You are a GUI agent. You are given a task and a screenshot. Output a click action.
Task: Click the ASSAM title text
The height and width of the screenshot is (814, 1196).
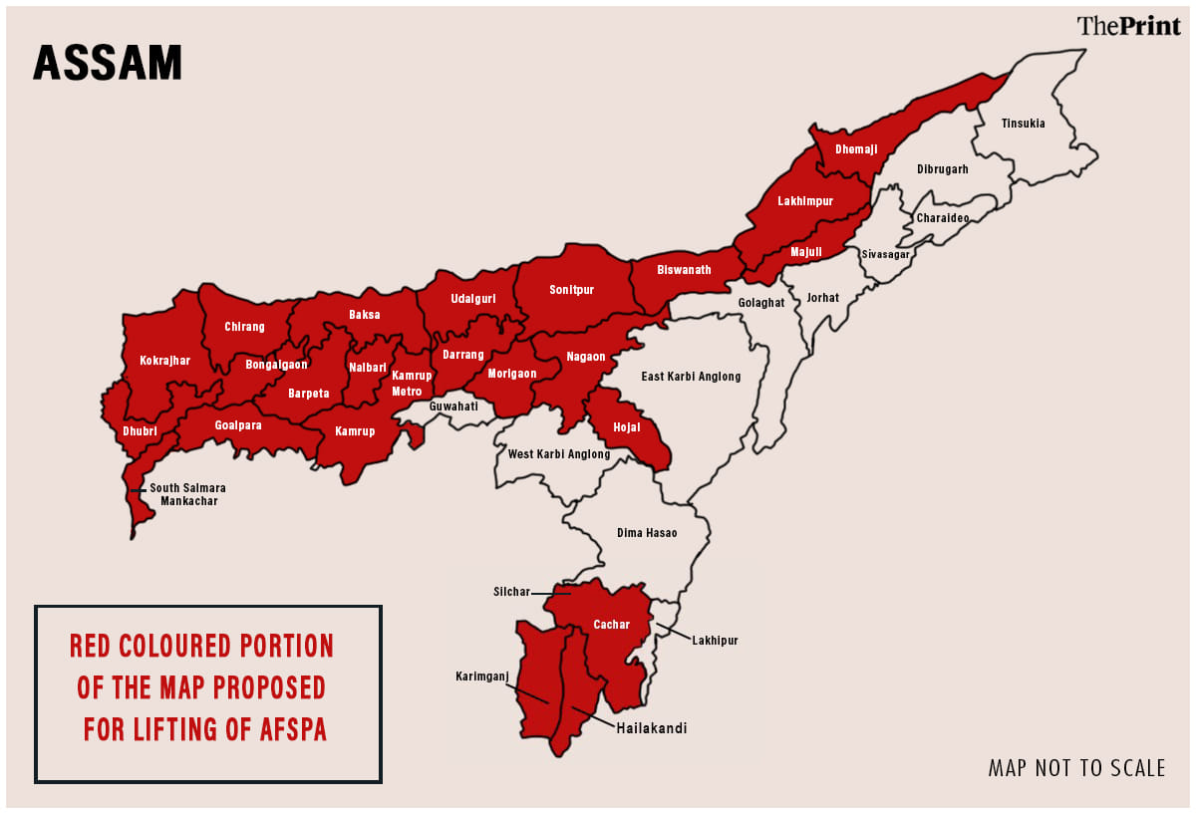[108, 63]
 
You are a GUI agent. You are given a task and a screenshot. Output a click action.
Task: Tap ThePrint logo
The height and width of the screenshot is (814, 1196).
[1128, 26]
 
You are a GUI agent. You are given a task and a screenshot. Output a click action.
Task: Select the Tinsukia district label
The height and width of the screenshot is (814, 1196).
[1024, 124]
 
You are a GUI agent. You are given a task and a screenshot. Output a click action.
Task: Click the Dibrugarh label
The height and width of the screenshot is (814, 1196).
[942, 169]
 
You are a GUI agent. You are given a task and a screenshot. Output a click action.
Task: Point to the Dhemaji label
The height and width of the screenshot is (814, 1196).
[856, 149]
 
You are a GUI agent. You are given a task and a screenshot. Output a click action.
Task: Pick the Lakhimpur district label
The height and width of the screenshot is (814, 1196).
[805, 201]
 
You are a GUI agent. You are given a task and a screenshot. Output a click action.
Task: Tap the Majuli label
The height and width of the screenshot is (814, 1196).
[806, 252]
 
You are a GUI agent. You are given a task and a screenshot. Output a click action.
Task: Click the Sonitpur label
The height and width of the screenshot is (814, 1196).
[571, 290]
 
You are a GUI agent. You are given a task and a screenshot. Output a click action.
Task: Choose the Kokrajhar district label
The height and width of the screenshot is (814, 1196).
[164, 361]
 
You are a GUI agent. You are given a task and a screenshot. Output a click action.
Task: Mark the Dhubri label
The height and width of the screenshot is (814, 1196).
[140, 431]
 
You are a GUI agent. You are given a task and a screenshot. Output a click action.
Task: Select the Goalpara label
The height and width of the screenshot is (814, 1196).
[238, 424]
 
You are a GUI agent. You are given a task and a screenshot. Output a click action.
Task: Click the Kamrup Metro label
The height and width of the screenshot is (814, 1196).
[412, 384]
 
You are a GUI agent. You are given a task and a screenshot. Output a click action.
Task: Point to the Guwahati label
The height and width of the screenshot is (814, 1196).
[453, 407]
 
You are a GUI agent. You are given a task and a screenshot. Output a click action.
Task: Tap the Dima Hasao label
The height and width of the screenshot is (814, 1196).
[647, 533]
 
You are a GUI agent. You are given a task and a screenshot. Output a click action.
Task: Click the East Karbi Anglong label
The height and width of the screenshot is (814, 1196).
[691, 377]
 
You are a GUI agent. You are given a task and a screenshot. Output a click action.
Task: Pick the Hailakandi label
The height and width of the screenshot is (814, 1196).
[652, 728]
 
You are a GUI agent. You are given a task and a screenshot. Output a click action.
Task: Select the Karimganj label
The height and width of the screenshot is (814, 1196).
[482, 676]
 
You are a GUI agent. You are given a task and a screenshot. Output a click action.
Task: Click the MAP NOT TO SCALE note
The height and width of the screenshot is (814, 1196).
[1076, 768]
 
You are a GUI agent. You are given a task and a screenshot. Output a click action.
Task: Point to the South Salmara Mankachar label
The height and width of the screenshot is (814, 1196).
[188, 495]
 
